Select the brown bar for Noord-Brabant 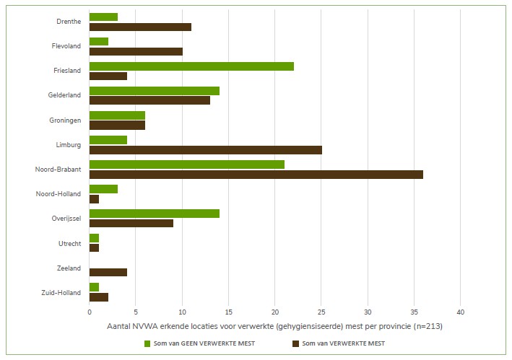click(x=256, y=174)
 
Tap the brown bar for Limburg click(x=205, y=149)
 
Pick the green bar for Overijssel click(x=154, y=214)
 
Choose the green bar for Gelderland click(x=154, y=91)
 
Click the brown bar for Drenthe click(x=140, y=27)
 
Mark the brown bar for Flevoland click(x=136, y=51)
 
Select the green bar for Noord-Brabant click(x=186, y=164)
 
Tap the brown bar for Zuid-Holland click(x=98, y=297)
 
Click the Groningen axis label click(x=66, y=120)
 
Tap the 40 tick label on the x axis click(x=460, y=312)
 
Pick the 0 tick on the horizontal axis click(x=90, y=312)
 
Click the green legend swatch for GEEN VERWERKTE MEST click(x=148, y=343)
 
